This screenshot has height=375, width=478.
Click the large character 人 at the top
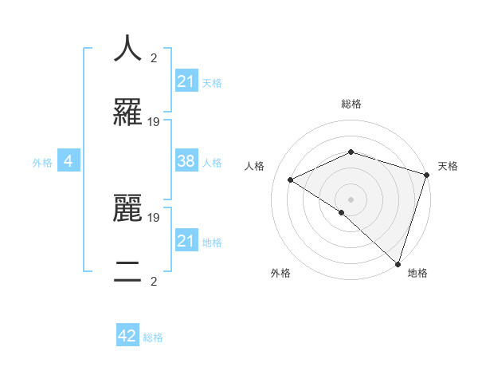pos(127,48)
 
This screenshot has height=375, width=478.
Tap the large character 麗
pos(127,207)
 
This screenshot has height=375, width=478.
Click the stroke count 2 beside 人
pos(154,57)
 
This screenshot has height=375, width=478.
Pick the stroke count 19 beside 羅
pos(154,122)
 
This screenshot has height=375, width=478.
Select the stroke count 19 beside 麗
pos(154,217)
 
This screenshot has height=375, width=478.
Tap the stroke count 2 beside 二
pos(154,281)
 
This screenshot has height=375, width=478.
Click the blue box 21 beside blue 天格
pos(186,81)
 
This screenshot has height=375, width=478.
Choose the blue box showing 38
pos(186,161)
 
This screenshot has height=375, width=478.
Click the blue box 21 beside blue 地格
pos(186,241)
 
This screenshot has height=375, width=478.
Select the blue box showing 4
pos(69,162)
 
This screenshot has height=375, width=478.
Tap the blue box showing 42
pos(127,337)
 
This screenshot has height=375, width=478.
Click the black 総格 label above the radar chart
pos(351,104)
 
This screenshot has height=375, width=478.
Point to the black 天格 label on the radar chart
pos(448,166)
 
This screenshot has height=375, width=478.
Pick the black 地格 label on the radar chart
pos(417,273)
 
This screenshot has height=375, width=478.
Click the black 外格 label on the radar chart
pos(280,273)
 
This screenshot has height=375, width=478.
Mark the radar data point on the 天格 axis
pos(427,175)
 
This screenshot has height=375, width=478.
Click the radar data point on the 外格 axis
pos(342,212)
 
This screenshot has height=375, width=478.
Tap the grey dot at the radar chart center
pos(351,199)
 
